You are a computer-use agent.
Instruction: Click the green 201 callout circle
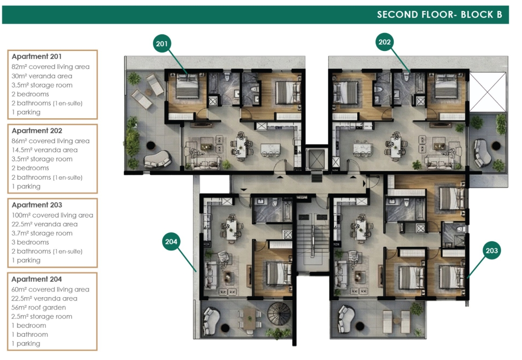point(162,44)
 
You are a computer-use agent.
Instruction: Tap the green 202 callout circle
point(384,42)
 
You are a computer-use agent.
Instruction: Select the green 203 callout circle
point(492,251)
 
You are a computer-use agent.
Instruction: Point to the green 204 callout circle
point(171,242)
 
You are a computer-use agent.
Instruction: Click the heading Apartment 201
point(36,57)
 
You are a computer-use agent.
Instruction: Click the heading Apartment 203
point(37,205)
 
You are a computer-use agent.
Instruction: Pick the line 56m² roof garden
point(39,308)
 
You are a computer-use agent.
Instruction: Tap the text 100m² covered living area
point(52,215)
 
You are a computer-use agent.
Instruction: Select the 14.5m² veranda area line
point(45,150)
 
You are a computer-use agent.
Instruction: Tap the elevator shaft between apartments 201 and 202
point(316,159)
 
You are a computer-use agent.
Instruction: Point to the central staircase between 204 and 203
point(312,240)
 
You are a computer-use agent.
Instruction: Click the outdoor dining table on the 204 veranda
point(249,319)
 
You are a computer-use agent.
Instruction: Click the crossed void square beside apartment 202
point(487,92)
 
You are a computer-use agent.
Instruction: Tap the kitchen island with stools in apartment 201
point(270,150)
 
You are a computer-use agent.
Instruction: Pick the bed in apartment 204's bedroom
point(278,273)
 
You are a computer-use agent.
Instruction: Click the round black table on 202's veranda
point(496,146)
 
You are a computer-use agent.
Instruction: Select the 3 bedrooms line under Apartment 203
point(30,243)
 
